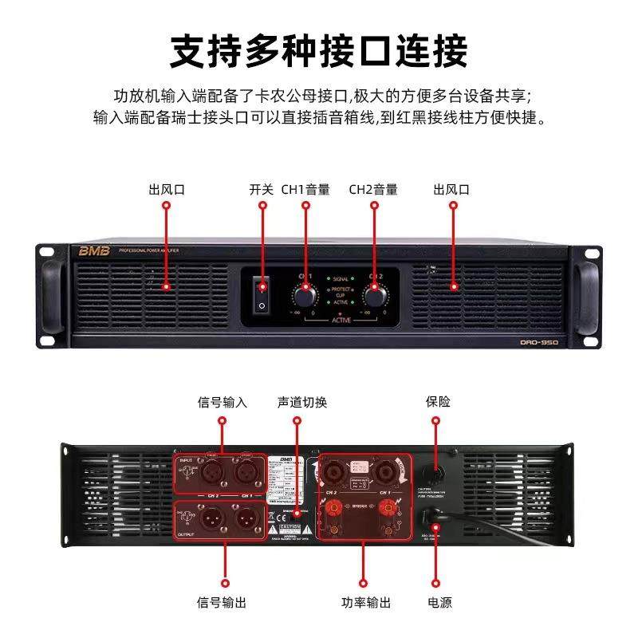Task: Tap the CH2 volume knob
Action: click(374, 296)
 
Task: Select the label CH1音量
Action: click(305, 190)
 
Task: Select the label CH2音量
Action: click(373, 190)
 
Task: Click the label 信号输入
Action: click(223, 403)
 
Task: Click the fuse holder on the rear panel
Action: click(436, 473)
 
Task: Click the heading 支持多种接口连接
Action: click(319, 49)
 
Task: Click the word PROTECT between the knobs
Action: click(340, 288)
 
